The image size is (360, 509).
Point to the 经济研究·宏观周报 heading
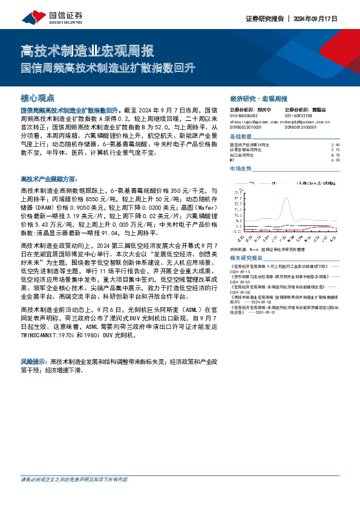pyautogui.click(x=259, y=99)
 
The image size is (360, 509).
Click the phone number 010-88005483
pyautogui.click(x=244, y=115)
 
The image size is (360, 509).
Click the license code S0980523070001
pyautogui.click(x=246, y=127)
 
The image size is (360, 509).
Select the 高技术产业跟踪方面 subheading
pyautogui.click(x=48, y=179)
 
